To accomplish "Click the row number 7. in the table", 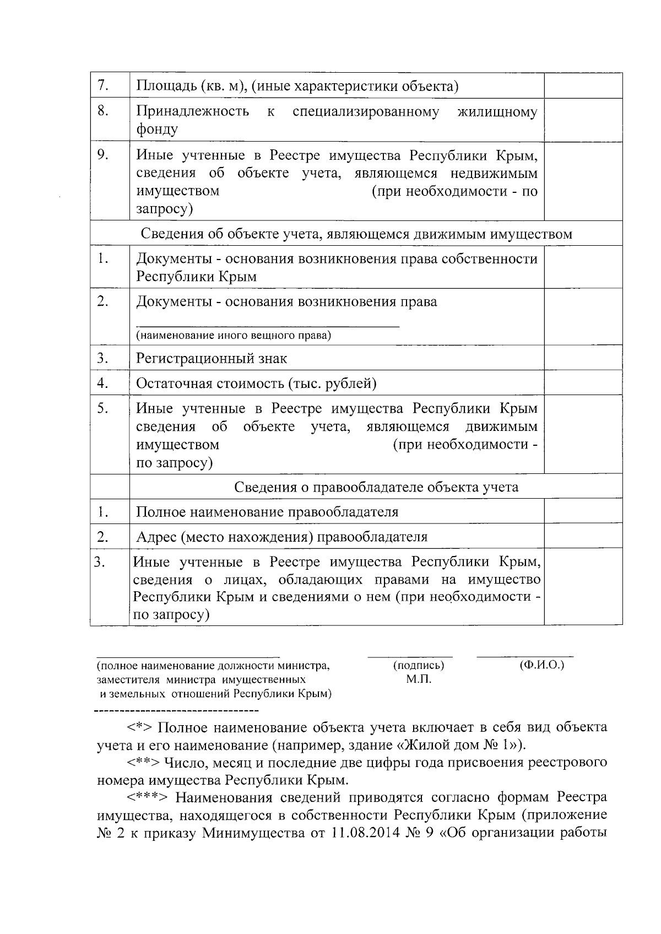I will [102, 86].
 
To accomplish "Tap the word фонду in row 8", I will [157, 129].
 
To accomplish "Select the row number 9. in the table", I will [102, 155].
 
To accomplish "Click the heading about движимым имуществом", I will [356, 234].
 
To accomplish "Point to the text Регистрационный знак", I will [212, 359].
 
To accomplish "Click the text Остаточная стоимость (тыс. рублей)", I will [256, 384].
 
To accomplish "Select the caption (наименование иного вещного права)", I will [234, 336].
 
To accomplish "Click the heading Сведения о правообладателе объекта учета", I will [376, 487].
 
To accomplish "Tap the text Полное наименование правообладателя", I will [267, 512].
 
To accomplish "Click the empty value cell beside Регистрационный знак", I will [583, 358].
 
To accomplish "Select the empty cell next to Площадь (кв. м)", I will [583, 86].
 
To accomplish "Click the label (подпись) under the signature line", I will [419, 666].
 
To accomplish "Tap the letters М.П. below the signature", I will [419, 679].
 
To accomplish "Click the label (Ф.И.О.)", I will [542, 666].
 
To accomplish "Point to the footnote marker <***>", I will [144, 797].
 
